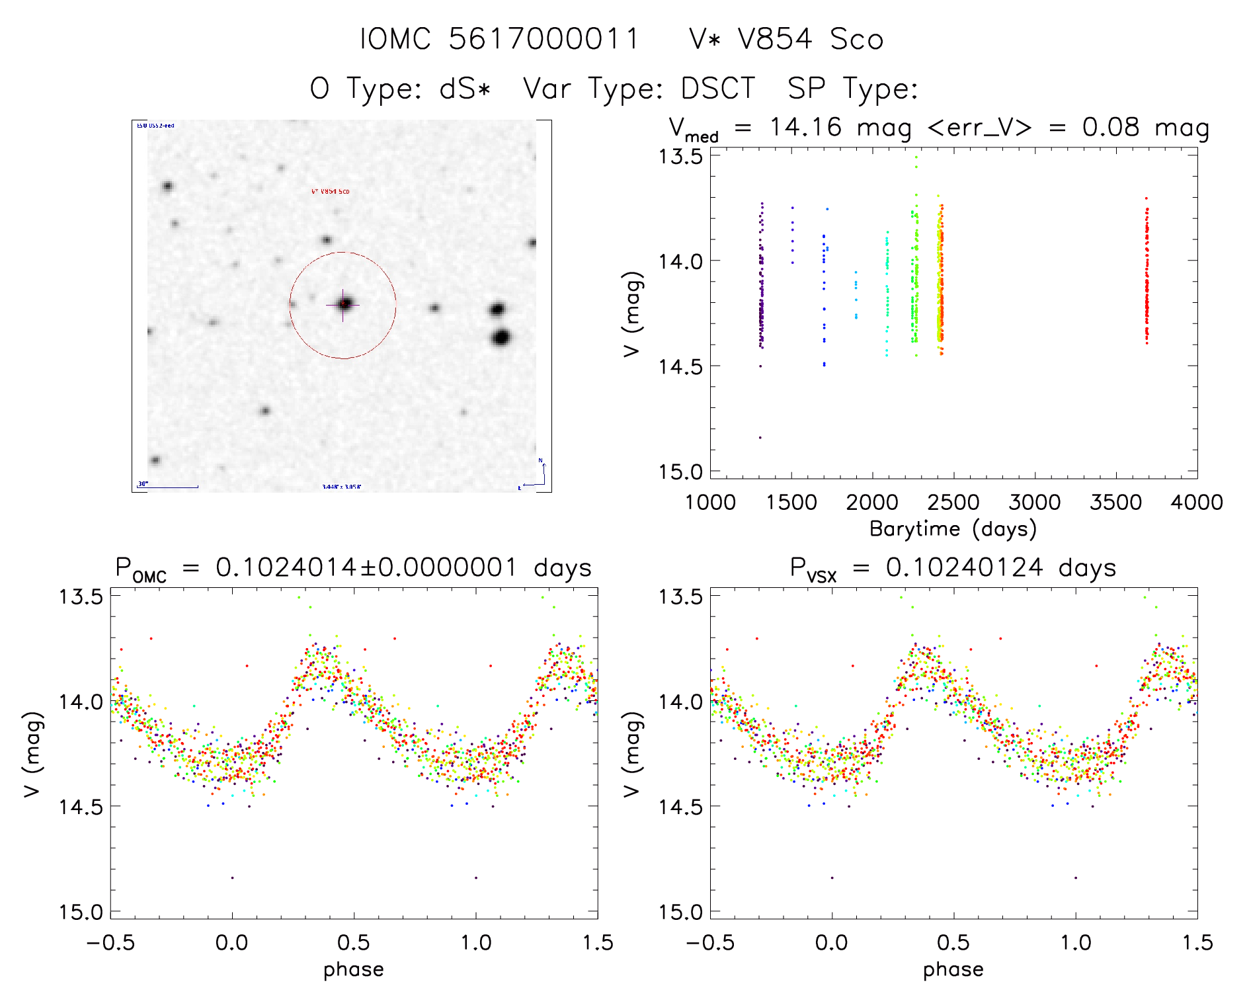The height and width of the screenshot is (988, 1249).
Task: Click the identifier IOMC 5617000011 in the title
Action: pyautogui.click(x=499, y=39)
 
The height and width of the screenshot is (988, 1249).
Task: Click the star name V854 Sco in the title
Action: pyautogui.click(x=810, y=39)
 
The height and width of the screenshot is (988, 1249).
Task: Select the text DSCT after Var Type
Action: pyautogui.click(x=718, y=89)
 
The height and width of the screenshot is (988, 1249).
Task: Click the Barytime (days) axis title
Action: pyautogui.click(x=953, y=528)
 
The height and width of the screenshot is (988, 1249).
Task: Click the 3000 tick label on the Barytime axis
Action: pyautogui.click(x=1034, y=503)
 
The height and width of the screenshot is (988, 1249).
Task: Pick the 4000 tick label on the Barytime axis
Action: pyautogui.click(x=1196, y=503)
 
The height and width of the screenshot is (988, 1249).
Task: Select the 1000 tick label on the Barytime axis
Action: pyautogui.click(x=710, y=503)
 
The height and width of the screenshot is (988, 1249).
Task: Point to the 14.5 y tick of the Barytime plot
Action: pyautogui.click(x=680, y=366)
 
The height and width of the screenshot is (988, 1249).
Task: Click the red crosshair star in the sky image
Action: pyautogui.click(x=343, y=304)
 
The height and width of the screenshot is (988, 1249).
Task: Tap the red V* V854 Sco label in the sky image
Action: pyautogui.click(x=330, y=192)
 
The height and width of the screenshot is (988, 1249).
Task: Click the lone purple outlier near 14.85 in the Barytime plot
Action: pyautogui.click(x=760, y=438)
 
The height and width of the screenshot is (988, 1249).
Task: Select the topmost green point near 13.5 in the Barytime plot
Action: pyautogui.click(x=916, y=157)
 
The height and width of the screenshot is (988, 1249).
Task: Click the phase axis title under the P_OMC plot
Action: pyautogui.click(x=353, y=969)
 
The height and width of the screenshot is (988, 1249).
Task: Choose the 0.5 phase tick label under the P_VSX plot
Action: pyautogui.click(x=953, y=942)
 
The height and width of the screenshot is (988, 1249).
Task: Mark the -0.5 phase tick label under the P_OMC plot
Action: pyautogui.click(x=110, y=942)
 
